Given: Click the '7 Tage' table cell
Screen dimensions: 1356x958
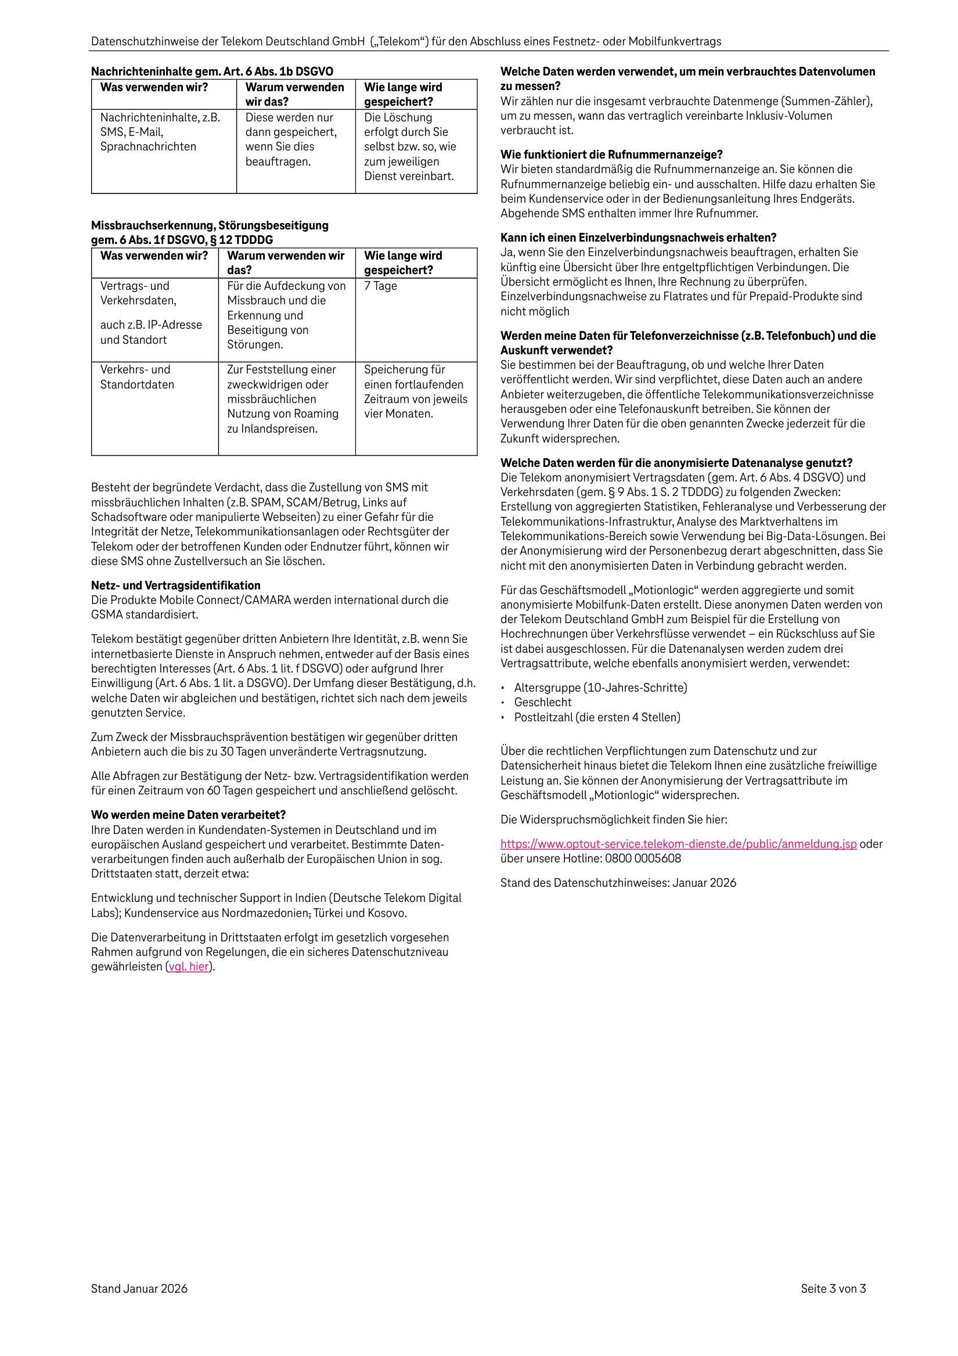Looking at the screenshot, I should tap(380, 286).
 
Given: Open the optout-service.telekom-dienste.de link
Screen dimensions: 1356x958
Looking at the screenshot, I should tap(678, 844).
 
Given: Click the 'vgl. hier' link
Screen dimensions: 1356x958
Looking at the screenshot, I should tap(189, 967).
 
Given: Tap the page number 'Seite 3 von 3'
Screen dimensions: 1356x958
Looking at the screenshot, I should tap(833, 1289).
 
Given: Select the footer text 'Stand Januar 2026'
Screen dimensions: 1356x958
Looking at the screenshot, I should tap(139, 1289).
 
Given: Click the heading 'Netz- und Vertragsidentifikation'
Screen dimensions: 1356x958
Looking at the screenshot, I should tap(175, 585).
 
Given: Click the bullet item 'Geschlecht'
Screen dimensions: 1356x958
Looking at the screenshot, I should tap(543, 702).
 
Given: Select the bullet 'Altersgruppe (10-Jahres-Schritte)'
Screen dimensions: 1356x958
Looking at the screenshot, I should tap(601, 688).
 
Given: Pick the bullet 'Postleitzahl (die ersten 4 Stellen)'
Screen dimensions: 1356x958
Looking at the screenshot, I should tap(597, 717).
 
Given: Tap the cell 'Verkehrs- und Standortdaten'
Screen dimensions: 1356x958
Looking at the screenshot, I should tap(137, 377).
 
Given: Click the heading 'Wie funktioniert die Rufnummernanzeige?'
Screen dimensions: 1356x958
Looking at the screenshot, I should tap(611, 154).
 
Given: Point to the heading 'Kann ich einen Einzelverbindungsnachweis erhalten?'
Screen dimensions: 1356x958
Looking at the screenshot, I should tap(638, 238).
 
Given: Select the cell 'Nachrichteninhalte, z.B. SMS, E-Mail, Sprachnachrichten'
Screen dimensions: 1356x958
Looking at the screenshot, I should tap(160, 132).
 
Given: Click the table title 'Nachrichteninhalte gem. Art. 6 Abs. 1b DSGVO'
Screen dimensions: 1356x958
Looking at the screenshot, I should tap(212, 71).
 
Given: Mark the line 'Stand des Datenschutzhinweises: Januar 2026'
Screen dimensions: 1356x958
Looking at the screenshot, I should tap(618, 883).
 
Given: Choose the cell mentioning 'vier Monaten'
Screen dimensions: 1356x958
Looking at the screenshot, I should tap(415, 391).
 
